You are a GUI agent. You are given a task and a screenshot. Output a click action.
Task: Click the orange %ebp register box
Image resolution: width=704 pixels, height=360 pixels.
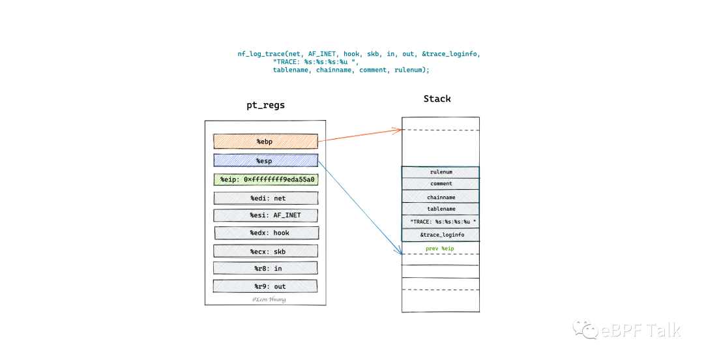(265, 142)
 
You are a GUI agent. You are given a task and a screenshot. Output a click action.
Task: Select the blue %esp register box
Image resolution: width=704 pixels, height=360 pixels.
(265, 160)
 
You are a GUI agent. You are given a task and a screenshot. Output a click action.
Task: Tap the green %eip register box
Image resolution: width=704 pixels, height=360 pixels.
(265, 179)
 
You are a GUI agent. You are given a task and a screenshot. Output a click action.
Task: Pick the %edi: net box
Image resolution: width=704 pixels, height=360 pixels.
(266, 198)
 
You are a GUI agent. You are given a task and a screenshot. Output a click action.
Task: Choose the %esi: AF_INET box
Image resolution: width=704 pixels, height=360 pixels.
(266, 215)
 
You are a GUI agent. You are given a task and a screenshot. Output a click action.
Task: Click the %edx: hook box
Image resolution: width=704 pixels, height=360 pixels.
(266, 233)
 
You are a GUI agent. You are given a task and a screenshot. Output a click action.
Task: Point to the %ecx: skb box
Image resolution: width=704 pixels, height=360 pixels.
(266, 250)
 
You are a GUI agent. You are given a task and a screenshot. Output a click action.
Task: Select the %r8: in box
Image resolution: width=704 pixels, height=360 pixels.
(265, 268)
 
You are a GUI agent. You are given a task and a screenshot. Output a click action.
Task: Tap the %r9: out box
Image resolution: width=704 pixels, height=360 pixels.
(265, 286)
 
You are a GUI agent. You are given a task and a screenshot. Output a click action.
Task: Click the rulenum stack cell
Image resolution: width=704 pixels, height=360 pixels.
(441, 172)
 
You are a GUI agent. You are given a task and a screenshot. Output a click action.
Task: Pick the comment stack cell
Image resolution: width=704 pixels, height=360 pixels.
(441, 184)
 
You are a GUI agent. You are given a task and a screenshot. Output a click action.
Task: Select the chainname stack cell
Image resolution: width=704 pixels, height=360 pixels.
(441, 196)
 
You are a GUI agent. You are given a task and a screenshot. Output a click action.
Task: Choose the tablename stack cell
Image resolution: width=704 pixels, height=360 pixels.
(441, 209)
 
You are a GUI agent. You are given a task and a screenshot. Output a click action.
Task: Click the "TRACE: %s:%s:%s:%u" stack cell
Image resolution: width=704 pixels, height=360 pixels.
(441, 222)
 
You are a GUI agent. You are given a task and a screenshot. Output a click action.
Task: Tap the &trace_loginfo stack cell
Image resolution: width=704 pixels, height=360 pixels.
(441, 235)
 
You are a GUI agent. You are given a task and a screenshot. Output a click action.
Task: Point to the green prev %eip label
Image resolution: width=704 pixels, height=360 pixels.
(441, 248)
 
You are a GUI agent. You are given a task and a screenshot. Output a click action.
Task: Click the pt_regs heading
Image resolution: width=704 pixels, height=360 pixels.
(265, 105)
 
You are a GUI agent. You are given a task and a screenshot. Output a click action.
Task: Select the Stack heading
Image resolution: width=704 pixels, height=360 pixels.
(437, 98)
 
